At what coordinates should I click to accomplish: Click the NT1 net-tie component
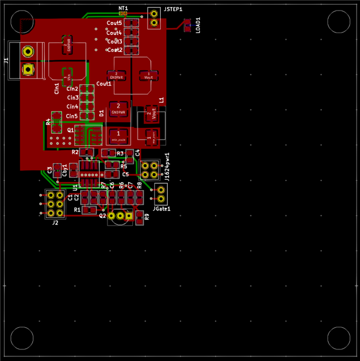pyautogui.click(x=123, y=13)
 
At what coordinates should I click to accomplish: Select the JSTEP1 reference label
pyautogui.click(x=173, y=10)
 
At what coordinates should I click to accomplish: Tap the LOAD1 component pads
pyautogui.click(x=188, y=25)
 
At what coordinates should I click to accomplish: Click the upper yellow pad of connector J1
pyautogui.click(x=27, y=52)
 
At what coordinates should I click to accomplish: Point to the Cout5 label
pyautogui.click(x=114, y=23)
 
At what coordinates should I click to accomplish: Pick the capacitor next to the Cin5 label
pyautogui.click(x=87, y=116)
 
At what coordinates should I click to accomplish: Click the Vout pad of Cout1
pyautogui.click(x=149, y=76)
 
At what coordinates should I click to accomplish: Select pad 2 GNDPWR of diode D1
pyautogui.click(x=118, y=109)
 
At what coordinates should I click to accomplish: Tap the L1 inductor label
pyautogui.click(x=162, y=100)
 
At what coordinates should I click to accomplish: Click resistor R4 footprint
pyautogui.click(x=56, y=123)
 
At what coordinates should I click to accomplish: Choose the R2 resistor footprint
pyautogui.click(x=87, y=152)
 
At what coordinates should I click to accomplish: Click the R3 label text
pyautogui.click(x=120, y=153)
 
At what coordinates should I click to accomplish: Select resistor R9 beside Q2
pyautogui.click(x=139, y=217)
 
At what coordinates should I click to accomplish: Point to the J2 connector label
pyautogui.click(x=55, y=223)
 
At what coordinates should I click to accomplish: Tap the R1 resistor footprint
pyautogui.click(x=89, y=210)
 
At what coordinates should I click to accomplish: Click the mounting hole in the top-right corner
pyautogui.click(x=339, y=22)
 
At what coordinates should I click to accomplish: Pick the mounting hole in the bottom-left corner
pyautogui.click(x=22, y=338)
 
